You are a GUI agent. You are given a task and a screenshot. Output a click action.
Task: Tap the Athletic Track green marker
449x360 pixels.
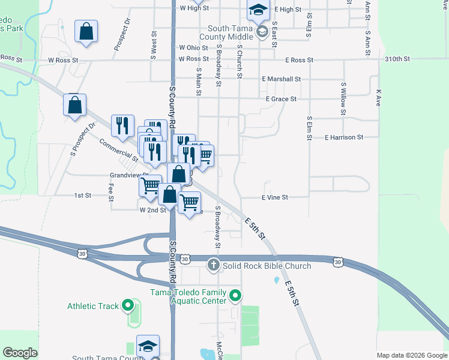click(127, 306)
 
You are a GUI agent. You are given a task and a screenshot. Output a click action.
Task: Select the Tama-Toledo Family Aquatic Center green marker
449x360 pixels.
click(236, 296)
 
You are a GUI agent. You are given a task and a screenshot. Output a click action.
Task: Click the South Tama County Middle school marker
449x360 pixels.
click(262, 31)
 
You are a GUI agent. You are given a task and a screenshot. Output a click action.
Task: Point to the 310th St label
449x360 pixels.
click(397, 59)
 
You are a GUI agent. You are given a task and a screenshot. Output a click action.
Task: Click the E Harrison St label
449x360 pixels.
click(344, 137)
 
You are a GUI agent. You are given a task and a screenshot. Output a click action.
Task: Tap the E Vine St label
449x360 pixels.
click(274, 197)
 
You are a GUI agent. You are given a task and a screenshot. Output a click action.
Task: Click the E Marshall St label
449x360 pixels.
click(281, 79)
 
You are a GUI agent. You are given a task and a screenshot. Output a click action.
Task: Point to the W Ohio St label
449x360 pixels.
click(193, 47)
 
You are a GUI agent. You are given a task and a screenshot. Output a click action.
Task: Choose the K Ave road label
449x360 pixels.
click(378, 98)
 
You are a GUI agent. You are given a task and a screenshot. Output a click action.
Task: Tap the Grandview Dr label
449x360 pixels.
click(124, 176)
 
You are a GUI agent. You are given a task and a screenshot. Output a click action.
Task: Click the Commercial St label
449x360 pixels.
click(114, 148)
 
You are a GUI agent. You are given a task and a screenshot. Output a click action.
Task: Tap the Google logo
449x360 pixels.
click(20, 353)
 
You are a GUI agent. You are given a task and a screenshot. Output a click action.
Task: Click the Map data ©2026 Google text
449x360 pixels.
click(411, 355)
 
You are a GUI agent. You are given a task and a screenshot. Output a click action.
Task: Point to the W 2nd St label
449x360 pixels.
click(152, 211)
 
